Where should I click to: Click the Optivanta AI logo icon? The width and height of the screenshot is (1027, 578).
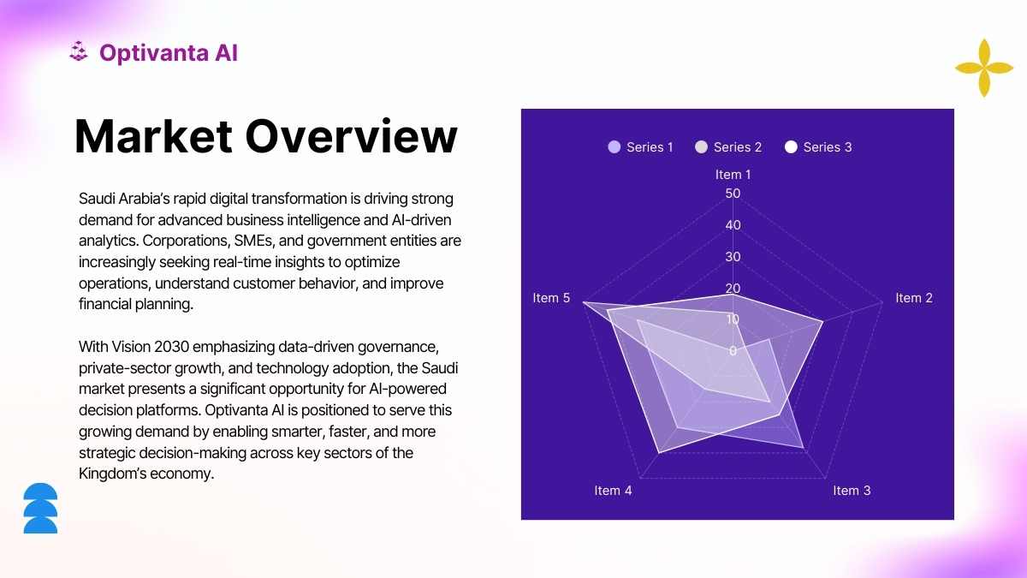click(79, 51)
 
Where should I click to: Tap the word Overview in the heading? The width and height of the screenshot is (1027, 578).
click(351, 137)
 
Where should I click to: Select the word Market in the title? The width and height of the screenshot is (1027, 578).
click(153, 137)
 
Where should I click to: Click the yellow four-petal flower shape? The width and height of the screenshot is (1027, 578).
click(984, 68)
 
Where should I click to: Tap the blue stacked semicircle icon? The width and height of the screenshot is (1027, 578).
click(40, 508)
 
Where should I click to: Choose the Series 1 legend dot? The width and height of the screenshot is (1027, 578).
click(614, 146)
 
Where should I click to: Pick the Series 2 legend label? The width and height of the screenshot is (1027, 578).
click(738, 147)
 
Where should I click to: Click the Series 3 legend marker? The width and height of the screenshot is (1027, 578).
click(791, 146)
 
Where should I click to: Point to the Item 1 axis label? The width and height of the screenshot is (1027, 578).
click(733, 175)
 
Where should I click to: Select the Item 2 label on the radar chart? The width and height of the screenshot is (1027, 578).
click(914, 298)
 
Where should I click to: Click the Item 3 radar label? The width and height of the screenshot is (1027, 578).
click(852, 491)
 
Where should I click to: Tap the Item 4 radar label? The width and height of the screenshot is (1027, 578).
click(613, 491)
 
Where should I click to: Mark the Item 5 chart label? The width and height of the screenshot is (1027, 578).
click(551, 298)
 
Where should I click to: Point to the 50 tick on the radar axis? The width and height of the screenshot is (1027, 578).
click(733, 194)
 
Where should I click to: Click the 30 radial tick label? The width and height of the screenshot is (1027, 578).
click(733, 257)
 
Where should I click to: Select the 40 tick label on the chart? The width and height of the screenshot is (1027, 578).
click(733, 225)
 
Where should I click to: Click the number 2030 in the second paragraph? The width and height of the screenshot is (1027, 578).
click(171, 348)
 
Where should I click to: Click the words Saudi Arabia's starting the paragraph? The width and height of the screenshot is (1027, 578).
click(124, 199)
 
